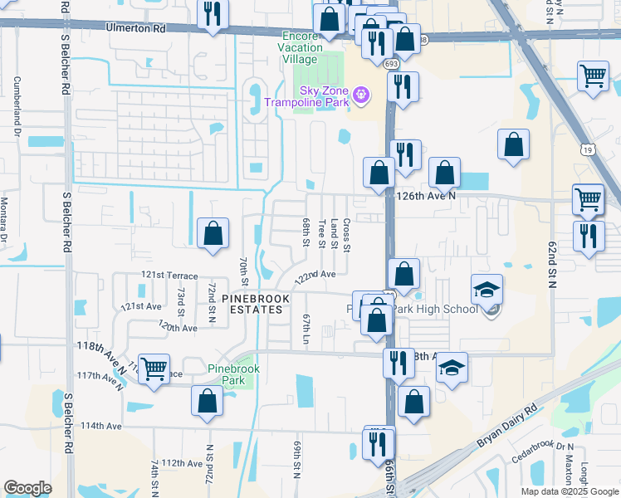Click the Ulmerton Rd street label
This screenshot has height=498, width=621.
136,27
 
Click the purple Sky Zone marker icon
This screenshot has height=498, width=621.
361,95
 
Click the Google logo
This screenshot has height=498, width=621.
27,488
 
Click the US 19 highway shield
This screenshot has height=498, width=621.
588,150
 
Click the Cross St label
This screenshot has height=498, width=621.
346,234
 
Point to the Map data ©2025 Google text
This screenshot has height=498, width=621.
569,491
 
